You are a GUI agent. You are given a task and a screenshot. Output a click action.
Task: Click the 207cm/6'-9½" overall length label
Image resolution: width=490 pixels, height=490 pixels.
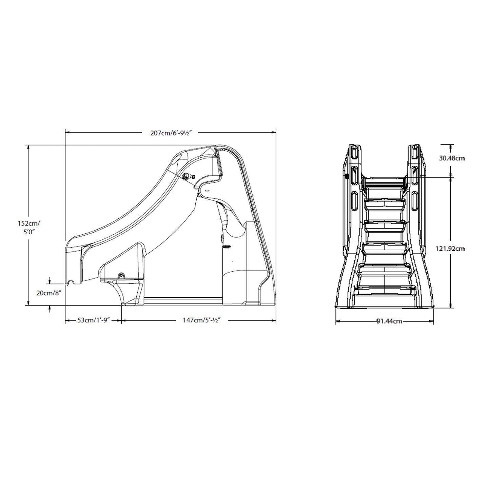(x=172, y=133)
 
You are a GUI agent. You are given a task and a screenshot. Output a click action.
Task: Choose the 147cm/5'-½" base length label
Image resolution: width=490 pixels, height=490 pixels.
(x=202, y=320)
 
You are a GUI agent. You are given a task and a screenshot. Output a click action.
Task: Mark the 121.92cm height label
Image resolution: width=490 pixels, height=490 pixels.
(x=450, y=249)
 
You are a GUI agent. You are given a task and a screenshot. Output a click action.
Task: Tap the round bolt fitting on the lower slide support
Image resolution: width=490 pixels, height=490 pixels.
(x=120, y=276)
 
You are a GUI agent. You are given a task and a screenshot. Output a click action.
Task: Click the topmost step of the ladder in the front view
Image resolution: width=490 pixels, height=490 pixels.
(x=385, y=181)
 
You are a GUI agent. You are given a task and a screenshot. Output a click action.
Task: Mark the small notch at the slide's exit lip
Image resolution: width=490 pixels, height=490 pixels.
(x=71, y=281)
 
